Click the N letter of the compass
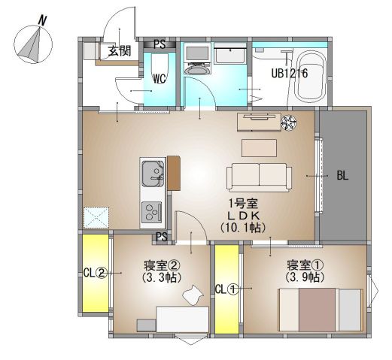point(43,20)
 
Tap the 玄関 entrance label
point(120,51)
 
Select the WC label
point(160,79)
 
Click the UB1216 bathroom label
point(290,74)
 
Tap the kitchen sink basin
point(153,174)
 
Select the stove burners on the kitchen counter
point(151,212)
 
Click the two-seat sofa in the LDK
point(259,177)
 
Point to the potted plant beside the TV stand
point(288,123)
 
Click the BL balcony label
point(342,176)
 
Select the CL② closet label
point(95,273)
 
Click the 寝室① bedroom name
point(305,265)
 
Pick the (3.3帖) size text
point(162,277)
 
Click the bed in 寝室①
point(321,310)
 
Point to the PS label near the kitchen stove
point(162,237)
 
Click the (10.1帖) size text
point(243,228)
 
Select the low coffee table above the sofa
point(260,148)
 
